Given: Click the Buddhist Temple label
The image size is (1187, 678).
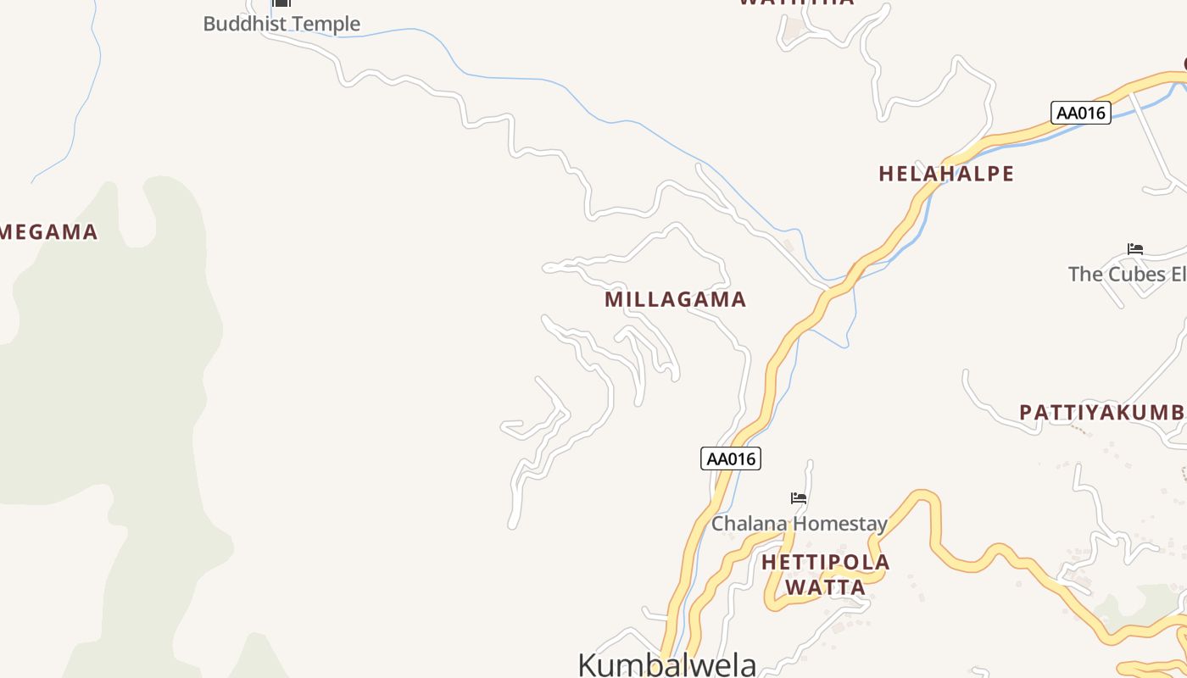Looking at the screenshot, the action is [281, 24].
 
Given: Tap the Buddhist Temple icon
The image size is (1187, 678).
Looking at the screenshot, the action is [281, 3].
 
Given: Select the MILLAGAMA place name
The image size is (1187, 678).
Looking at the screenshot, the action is [675, 299].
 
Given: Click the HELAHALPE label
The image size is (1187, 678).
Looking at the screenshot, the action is [946, 174].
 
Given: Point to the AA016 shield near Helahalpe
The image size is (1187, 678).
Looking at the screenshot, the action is [1080, 113].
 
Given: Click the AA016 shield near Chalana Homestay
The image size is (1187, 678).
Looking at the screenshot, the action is [731, 458].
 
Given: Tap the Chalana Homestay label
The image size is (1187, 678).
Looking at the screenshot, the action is [799, 524].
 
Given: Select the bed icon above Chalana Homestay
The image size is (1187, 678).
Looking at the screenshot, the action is [799, 498].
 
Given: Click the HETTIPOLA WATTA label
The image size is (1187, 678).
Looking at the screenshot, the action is [825, 575].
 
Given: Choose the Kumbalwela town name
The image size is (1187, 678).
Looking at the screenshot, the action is [666, 664].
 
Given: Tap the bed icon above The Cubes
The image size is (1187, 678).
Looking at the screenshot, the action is [1135, 249].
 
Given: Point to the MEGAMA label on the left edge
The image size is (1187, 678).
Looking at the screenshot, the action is [48, 232].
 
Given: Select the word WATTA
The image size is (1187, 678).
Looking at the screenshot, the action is [825, 587].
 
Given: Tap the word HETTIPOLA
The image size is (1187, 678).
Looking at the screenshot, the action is [825, 563].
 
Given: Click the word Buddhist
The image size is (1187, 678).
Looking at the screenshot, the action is [241, 24].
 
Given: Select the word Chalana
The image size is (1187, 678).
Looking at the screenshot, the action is [749, 524].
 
